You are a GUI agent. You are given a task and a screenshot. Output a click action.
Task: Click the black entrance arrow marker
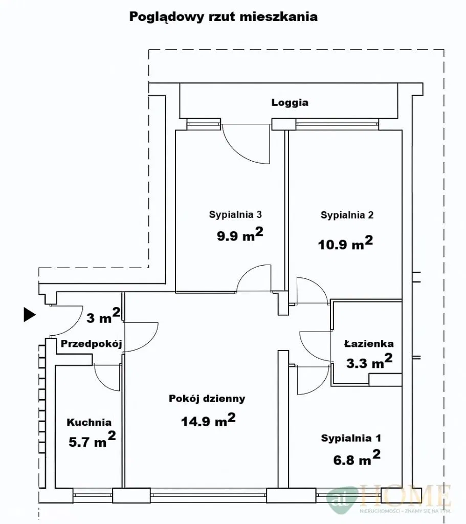(x=29, y=315)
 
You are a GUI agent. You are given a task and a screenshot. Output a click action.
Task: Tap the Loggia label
(x=290, y=102)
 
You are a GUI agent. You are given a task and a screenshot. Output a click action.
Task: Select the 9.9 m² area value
(x=240, y=234)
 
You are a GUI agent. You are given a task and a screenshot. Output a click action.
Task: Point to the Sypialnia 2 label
(x=347, y=215)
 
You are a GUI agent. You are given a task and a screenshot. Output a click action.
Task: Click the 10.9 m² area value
(x=345, y=243)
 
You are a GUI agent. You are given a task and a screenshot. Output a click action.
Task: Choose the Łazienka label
(x=369, y=343)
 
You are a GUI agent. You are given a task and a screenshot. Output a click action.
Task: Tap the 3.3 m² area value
(x=369, y=361)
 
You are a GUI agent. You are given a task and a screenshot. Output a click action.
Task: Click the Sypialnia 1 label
(x=351, y=438)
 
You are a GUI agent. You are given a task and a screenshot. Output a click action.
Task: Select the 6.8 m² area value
(x=357, y=458)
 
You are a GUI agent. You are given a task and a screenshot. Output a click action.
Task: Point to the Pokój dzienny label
(x=207, y=399)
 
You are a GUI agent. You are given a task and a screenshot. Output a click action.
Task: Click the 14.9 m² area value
(x=208, y=420)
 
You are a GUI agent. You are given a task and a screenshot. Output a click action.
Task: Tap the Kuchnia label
(x=89, y=422)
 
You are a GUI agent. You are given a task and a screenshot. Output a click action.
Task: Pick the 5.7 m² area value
(x=92, y=440)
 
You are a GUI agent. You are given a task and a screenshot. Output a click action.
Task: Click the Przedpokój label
(x=91, y=343)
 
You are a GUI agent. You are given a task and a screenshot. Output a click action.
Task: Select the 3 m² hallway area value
(x=103, y=316)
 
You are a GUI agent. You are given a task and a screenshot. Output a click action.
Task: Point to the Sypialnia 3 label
(x=235, y=214)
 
